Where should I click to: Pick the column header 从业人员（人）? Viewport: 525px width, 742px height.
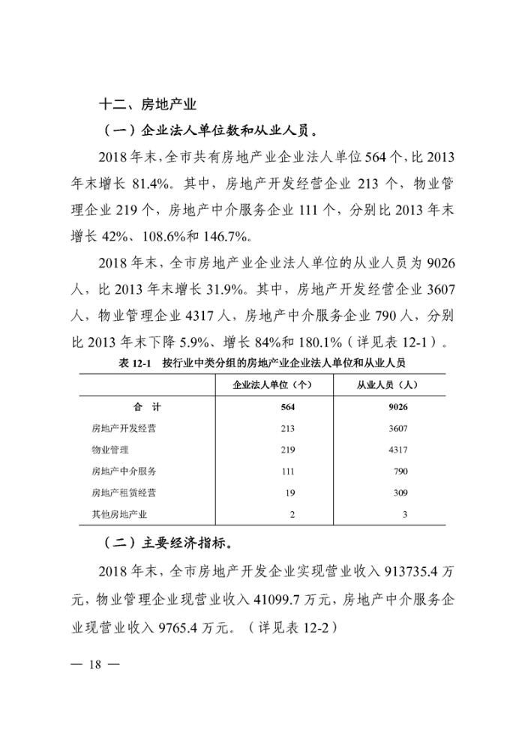[x=388, y=385]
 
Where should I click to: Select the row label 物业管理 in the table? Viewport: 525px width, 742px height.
[x=110, y=450]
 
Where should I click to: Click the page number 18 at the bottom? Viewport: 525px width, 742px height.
[x=95, y=666]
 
